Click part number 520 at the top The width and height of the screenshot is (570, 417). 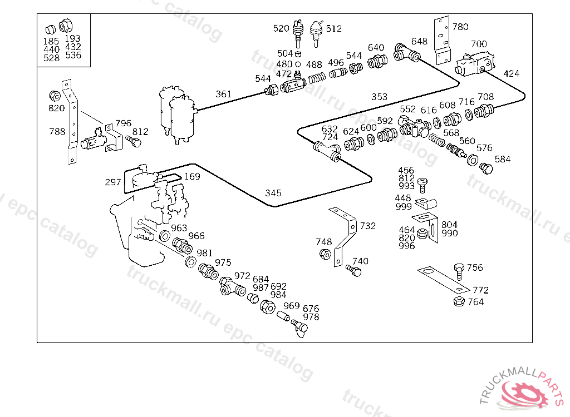[x=281, y=28]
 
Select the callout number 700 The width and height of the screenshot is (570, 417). [x=479, y=44]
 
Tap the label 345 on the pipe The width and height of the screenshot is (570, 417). [x=273, y=193]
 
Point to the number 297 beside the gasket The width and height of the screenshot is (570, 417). [x=112, y=182]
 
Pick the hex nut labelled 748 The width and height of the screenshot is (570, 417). [x=325, y=254]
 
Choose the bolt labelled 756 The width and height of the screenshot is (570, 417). [x=459, y=271]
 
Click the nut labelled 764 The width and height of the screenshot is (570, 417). [x=459, y=301]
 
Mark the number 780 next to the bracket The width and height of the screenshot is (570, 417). [x=460, y=27]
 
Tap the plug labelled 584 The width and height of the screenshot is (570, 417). [x=487, y=168]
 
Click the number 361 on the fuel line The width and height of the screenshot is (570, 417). [x=224, y=94]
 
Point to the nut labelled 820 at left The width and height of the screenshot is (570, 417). [x=55, y=96]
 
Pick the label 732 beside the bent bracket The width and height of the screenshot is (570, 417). [x=367, y=226]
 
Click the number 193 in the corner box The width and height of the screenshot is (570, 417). [x=73, y=38]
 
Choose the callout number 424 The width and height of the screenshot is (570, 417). [x=511, y=74]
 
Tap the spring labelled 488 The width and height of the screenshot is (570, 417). [x=317, y=78]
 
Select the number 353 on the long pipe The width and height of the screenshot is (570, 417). [x=379, y=97]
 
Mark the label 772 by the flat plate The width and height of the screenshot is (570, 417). [x=480, y=290]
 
